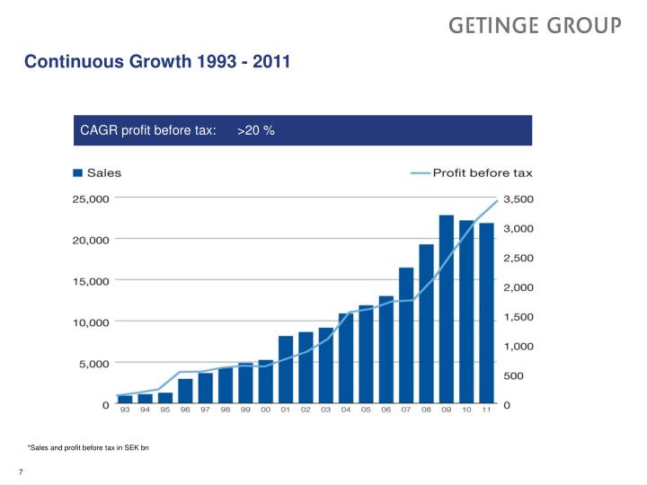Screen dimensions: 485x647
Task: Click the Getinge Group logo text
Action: (535, 26)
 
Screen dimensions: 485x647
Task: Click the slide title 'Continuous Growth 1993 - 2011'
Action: (157, 63)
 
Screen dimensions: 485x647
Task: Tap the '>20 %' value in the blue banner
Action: (256, 131)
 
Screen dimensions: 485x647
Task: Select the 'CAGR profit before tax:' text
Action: (148, 131)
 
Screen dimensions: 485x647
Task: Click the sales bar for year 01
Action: (286, 369)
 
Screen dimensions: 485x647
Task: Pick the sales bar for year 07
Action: (406, 335)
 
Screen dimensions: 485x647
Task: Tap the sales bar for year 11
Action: (486, 313)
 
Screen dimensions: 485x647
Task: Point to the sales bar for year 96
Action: (185, 391)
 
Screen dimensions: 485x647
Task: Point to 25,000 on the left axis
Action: (91, 198)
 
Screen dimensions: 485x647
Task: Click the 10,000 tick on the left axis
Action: (91, 322)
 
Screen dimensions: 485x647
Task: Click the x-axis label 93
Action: (125, 410)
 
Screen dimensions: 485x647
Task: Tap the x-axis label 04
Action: (346, 410)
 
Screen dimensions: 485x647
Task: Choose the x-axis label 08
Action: (426, 410)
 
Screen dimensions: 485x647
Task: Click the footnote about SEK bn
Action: (94, 447)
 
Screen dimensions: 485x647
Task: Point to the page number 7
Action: (21, 472)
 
